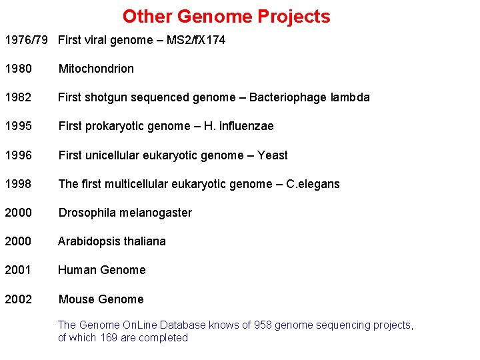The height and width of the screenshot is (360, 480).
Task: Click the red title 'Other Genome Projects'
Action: (x=226, y=16)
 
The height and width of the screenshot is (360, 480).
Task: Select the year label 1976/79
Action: (x=26, y=40)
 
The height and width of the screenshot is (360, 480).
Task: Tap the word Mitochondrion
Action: (x=96, y=69)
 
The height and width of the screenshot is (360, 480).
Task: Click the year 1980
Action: (x=18, y=69)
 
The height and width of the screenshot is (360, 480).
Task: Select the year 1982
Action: (x=18, y=97)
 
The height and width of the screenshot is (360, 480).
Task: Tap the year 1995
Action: (x=18, y=126)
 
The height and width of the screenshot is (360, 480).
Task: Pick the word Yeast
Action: (x=272, y=155)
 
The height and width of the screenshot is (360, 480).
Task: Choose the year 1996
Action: (x=18, y=155)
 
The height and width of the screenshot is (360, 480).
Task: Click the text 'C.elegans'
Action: (x=313, y=184)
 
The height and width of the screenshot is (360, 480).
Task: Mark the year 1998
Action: (x=18, y=184)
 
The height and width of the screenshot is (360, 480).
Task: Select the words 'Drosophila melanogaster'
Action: (x=125, y=213)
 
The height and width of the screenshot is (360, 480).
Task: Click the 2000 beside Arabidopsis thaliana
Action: (x=18, y=241)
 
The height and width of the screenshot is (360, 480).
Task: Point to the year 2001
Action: (x=18, y=270)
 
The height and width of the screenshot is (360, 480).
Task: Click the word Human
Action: (x=76, y=270)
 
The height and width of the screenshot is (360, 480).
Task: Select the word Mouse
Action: (x=76, y=299)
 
